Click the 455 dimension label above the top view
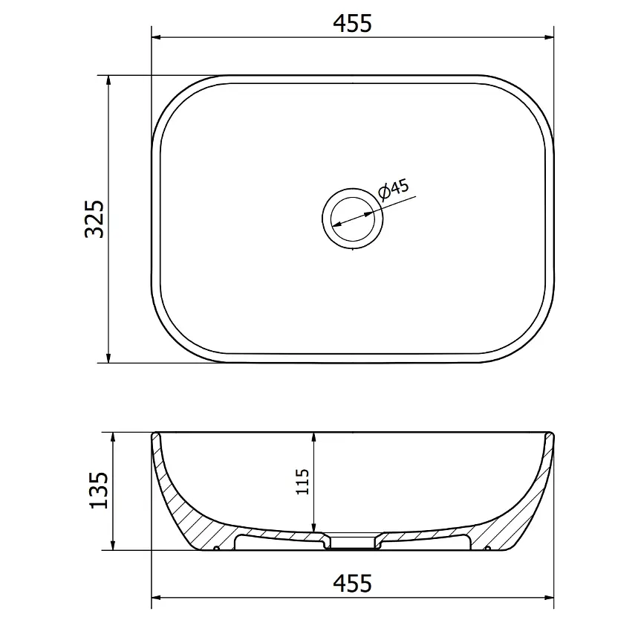[352, 23]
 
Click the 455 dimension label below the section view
[352, 584]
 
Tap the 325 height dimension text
[95, 219]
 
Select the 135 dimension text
[99, 490]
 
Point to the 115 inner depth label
[302, 482]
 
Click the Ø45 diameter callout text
[393, 190]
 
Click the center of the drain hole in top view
[352, 218]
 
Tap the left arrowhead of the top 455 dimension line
[156, 37]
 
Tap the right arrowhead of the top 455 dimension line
[550, 37]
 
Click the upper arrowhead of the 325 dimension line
[108, 80]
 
